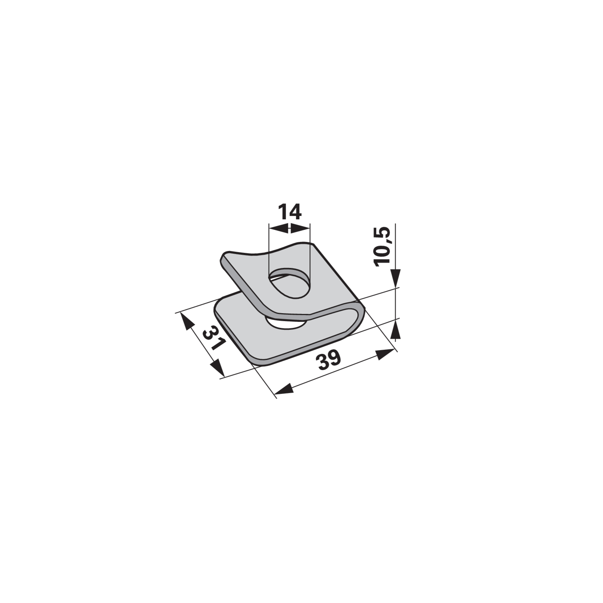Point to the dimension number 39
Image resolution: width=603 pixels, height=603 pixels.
point(329,360)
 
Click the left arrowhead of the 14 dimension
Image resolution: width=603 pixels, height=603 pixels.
point(279,228)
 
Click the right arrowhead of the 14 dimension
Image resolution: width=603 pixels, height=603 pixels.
point(299,228)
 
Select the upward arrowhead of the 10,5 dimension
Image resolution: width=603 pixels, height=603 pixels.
point(396,329)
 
